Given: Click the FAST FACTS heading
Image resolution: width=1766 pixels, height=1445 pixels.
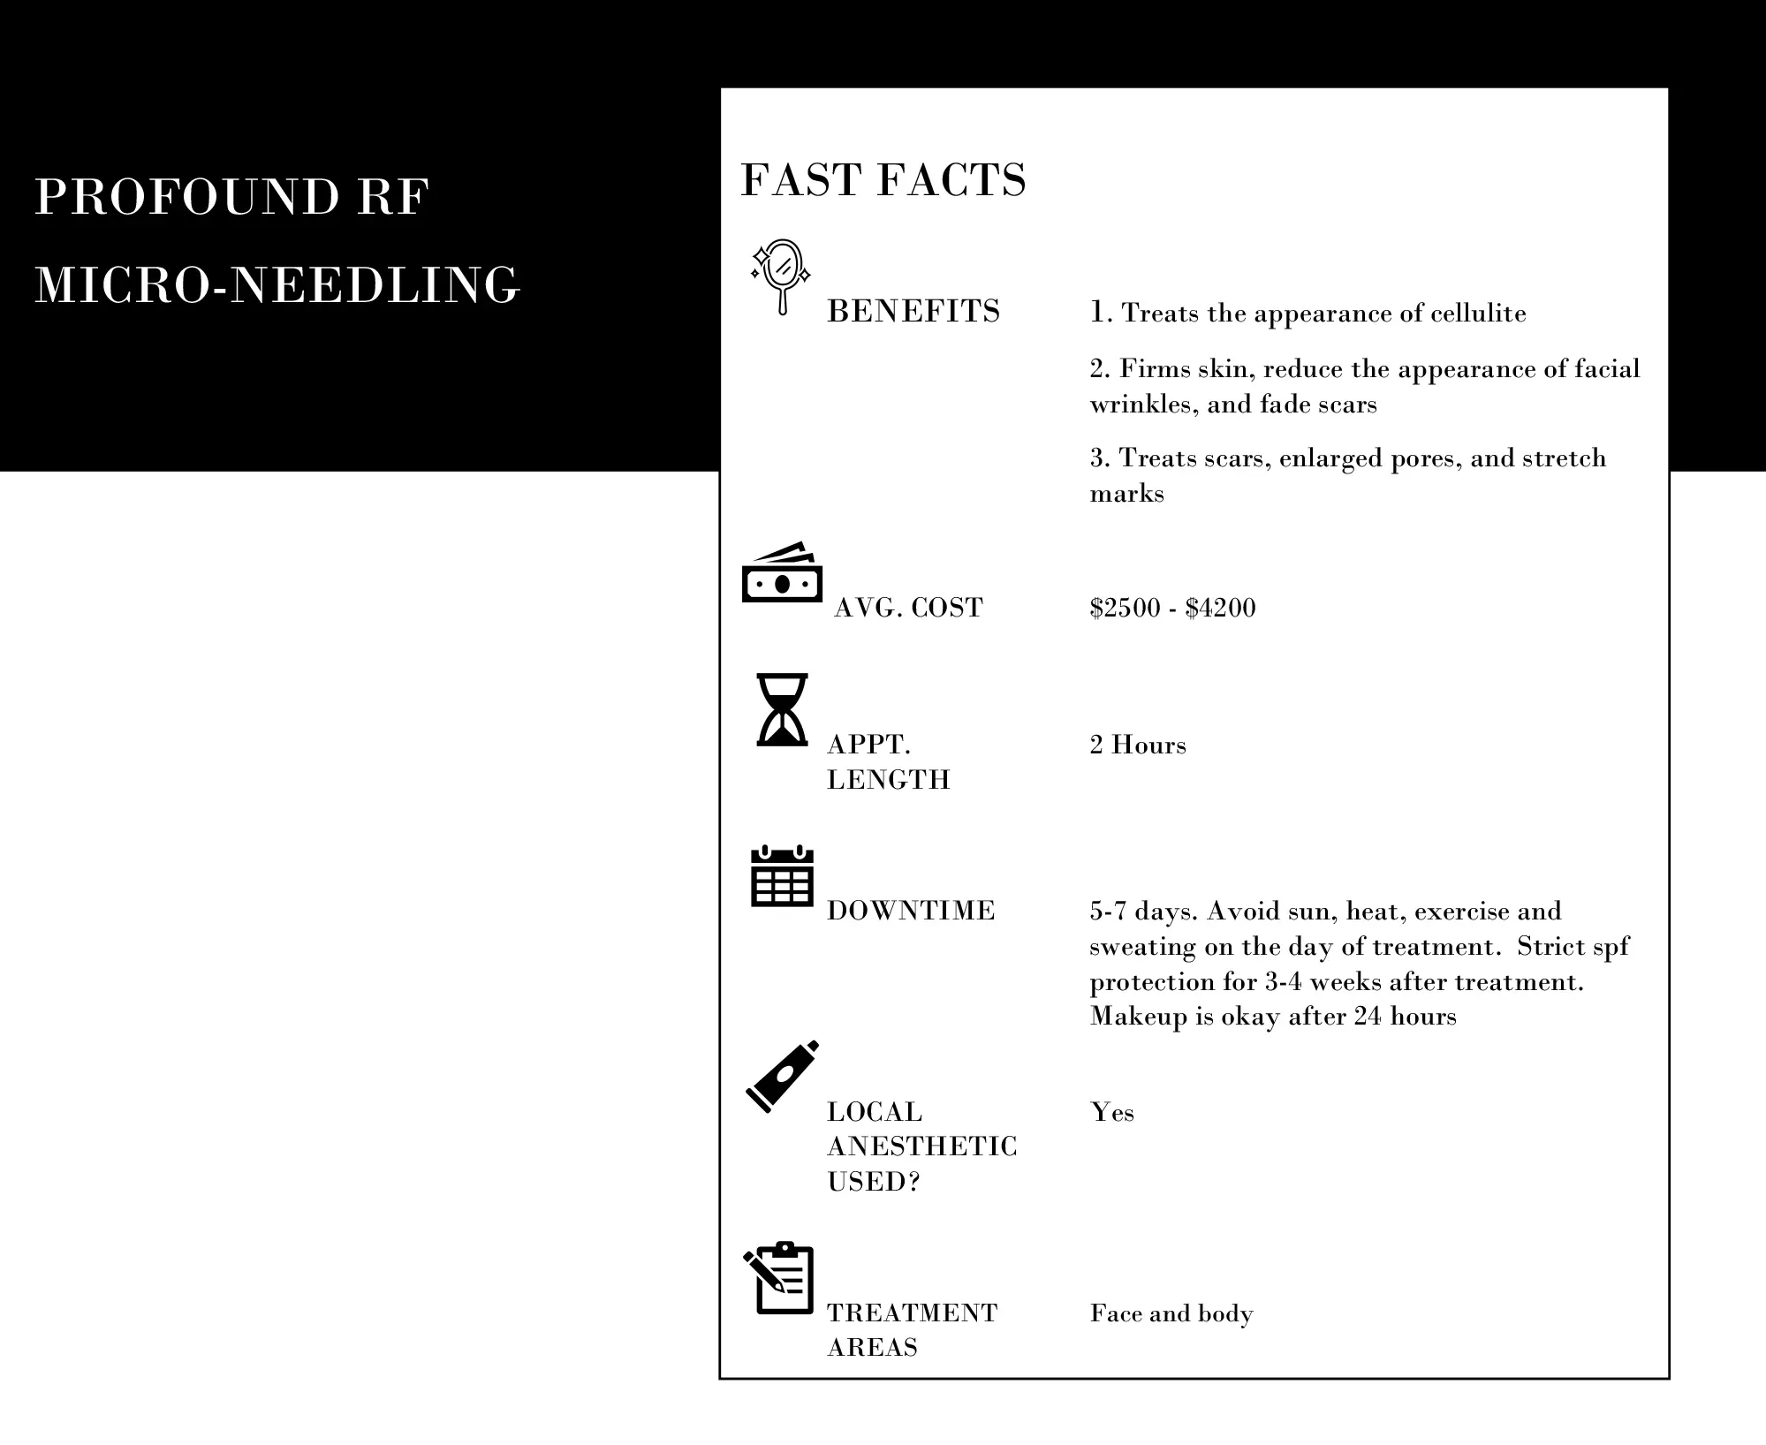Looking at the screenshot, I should tap(883, 179).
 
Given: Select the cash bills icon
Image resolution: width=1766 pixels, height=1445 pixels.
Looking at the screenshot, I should tap(782, 574).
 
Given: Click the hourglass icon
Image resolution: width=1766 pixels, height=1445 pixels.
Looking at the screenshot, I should tap(782, 710).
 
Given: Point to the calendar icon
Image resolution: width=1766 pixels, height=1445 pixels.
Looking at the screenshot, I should tap(782, 876).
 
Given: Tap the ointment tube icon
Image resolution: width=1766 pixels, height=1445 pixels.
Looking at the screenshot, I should tap(782, 1076).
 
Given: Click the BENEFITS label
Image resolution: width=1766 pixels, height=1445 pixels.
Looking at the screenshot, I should tap(913, 312).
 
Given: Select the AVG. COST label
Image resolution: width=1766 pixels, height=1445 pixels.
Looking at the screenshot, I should tap(908, 608).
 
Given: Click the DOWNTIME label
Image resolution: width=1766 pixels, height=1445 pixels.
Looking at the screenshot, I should tap(911, 911).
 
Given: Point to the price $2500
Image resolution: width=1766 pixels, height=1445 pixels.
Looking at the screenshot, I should tap(1125, 608).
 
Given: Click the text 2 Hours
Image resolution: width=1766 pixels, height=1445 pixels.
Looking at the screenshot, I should tap(1138, 745).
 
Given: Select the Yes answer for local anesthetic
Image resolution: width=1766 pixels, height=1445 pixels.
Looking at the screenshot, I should tap(1112, 1112).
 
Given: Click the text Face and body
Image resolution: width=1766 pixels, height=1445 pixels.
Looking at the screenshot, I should tap(1171, 1313).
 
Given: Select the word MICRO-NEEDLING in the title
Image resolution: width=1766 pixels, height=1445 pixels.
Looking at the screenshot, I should tap(277, 285).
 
